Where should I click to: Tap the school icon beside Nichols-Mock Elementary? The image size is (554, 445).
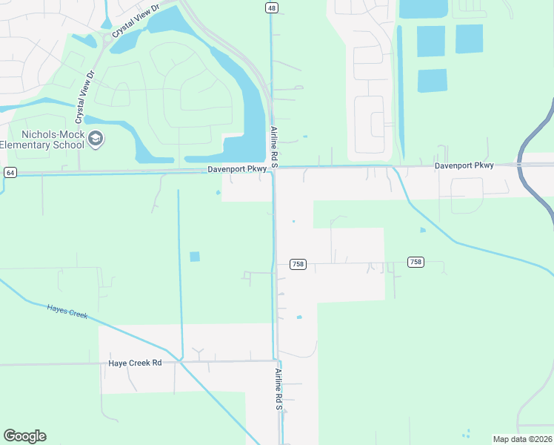pyautogui.click(x=96, y=139)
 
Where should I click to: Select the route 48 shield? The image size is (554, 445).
pyautogui.click(x=271, y=7)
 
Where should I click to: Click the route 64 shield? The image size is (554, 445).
pyautogui.click(x=10, y=172)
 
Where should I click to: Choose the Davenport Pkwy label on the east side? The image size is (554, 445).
pyautogui.click(x=464, y=165)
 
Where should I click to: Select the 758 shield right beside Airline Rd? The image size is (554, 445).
pyautogui.click(x=298, y=265)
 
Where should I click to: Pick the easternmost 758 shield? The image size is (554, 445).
pyautogui.click(x=415, y=262)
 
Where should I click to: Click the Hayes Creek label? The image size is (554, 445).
pyautogui.click(x=67, y=311)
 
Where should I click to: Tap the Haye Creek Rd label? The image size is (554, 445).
pyautogui.click(x=135, y=363)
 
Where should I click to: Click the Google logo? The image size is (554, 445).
pyautogui.click(x=24, y=436)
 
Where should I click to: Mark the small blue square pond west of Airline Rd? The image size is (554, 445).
pyautogui.click(x=195, y=257)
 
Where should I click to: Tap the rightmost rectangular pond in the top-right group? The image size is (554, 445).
pyautogui.click(x=469, y=39)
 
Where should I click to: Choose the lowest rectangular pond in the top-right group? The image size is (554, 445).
pyautogui.click(x=432, y=80)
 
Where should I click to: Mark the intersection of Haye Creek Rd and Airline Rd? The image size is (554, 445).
pyautogui.click(x=275, y=361)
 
